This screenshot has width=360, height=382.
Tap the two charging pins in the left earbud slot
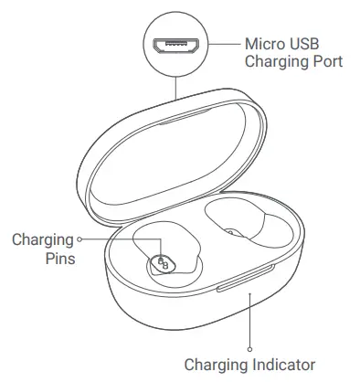(x=164, y=264)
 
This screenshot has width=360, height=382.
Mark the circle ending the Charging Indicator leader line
(x=249, y=346)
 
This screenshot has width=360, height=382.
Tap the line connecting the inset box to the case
(x=175, y=88)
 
